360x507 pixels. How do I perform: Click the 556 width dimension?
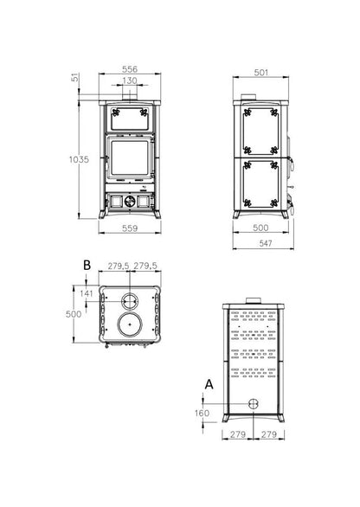click(128, 68)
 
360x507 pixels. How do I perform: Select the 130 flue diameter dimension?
click(128, 80)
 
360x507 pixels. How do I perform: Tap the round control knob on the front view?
click(128, 201)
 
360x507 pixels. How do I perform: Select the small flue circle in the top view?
click(128, 302)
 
